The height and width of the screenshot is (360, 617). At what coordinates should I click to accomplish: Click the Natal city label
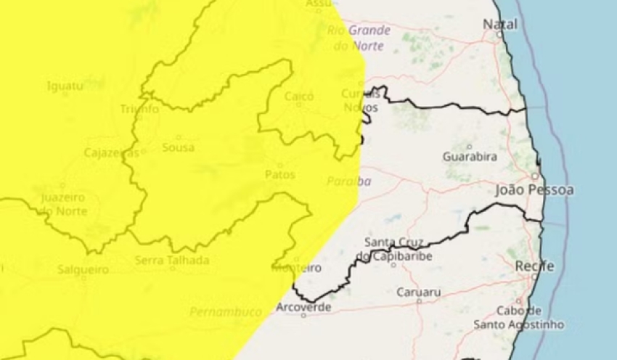pyautogui.click(x=501, y=24)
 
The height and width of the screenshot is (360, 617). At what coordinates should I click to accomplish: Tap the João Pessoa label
pyautogui.click(x=534, y=190)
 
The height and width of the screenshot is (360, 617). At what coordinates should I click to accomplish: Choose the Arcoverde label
pyautogui.click(x=303, y=307)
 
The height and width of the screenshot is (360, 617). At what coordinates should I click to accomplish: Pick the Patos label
pyautogui.click(x=280, y=174)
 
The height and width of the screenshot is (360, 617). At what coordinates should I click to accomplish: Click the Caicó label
pyautogui.click(x=299, y=97)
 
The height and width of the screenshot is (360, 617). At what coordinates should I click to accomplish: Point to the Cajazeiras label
pyautogui.click(x=111, y=153)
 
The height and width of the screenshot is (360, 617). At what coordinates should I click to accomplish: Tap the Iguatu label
pyautogui.click(x=65, y=86)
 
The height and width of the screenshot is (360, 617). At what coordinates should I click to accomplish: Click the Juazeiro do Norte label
pyautogui.click(x=63, y=204)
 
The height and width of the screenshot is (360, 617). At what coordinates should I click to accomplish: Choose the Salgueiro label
pyautogui.click(x=83, y=269)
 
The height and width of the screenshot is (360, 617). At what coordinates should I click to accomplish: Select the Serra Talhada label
pyautogui.click(x=172, y=260)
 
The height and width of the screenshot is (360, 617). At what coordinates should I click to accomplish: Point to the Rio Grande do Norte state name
pyautogui.click(x=359, y=38)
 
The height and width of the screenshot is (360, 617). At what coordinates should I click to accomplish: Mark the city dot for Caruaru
pyautogui.click(x=419, y=300)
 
